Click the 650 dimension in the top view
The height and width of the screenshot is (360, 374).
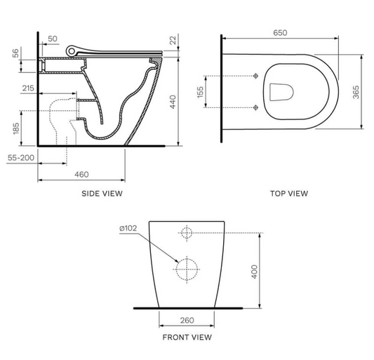click(x=280, y=33)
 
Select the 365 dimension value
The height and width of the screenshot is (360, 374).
click(x=356, y=91)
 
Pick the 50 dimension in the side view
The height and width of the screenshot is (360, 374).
click(x=53, y=39)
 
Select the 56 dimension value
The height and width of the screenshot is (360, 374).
click(x=15, y=55)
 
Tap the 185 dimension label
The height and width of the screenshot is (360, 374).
click(x=15, y=128)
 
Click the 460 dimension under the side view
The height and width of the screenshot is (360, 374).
click(x=81, y=173)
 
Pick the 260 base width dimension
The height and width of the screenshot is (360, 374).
click(x=187, y=320)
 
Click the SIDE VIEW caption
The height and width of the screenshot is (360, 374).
click(x=102, y=193)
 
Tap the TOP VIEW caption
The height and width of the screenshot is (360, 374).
click(x=289, y=193)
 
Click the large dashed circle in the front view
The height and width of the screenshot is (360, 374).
click(x=187, y=267)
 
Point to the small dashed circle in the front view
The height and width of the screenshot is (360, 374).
click(x=187, y=233)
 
